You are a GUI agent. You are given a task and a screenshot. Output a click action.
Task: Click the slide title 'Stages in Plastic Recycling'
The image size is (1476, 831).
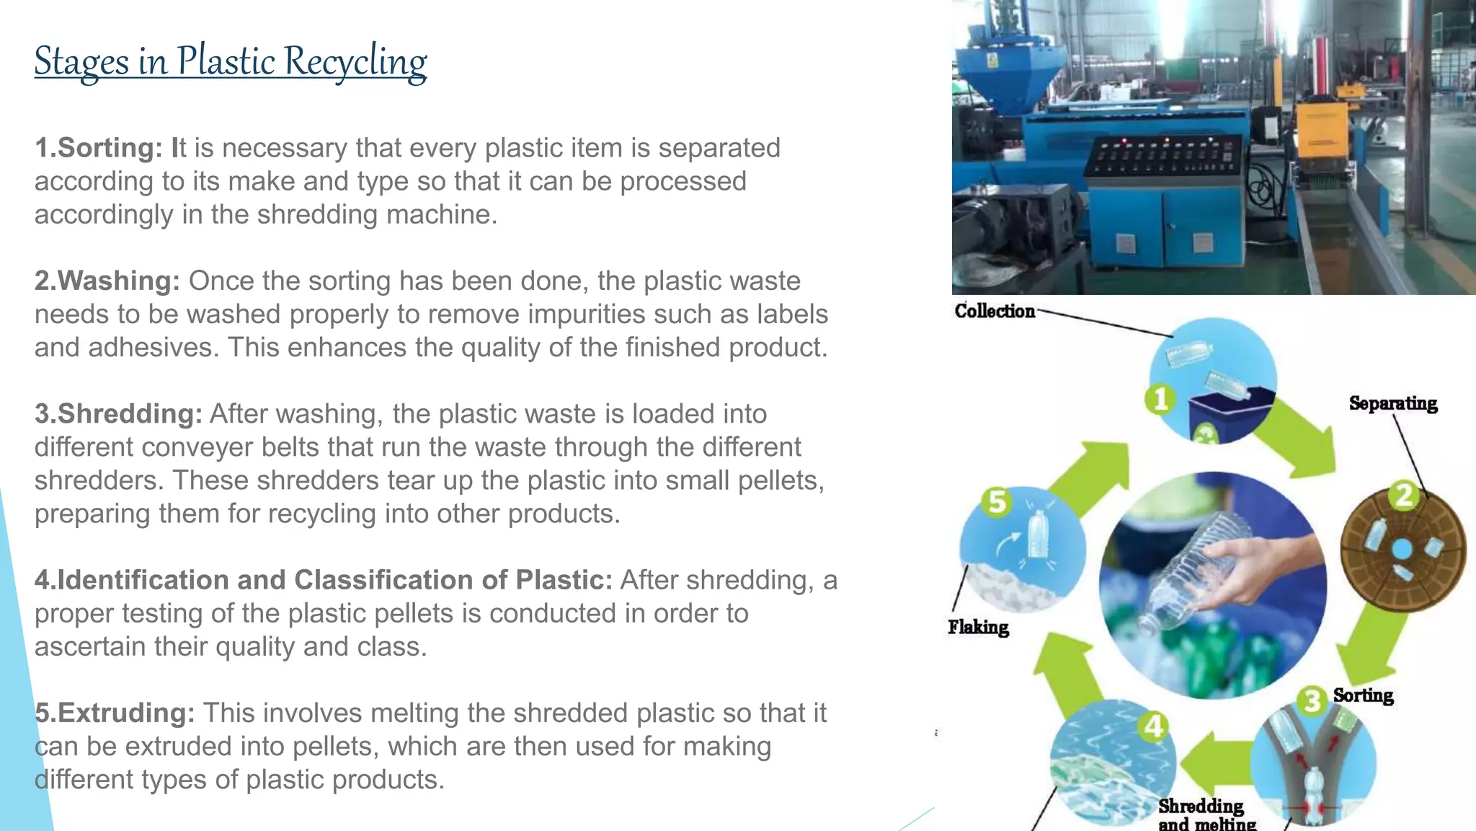pyautogui.click(x=231, y=61)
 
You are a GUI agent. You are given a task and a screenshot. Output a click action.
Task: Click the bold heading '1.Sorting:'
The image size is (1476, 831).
pyautogui.click(x=99, y=148)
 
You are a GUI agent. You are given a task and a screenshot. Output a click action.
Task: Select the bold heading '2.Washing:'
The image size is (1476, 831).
pyautogui.click(x=107, y=281)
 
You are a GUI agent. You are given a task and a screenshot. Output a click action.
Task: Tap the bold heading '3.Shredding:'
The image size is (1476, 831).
pyautogui.click(x=118, y=414)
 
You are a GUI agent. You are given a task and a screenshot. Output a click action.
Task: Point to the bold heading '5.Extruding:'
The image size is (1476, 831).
pyautogui.click(x=115, y=713)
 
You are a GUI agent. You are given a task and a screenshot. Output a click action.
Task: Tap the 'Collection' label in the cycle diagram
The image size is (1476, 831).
pyautogui.click(x=995, y=311)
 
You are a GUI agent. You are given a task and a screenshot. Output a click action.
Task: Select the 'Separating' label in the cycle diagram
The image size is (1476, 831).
pyautogui.click(x=1392, y=403)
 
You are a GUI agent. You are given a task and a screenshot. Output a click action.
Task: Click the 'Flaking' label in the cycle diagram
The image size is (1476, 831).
pyautogui.click(x=978, y=627)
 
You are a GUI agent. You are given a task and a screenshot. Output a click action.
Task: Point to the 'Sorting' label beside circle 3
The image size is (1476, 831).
pyautogui.click(x=1363, y=695)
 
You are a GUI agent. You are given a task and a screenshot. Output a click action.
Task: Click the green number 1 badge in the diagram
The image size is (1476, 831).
pyautogui.click(x=1160, y=399)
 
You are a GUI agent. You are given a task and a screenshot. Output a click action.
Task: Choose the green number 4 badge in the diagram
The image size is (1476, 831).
pyautogui.click(x=1154, y=726)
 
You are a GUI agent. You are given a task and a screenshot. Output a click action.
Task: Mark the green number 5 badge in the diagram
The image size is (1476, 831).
pyautogui.click(x=997, y=501)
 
